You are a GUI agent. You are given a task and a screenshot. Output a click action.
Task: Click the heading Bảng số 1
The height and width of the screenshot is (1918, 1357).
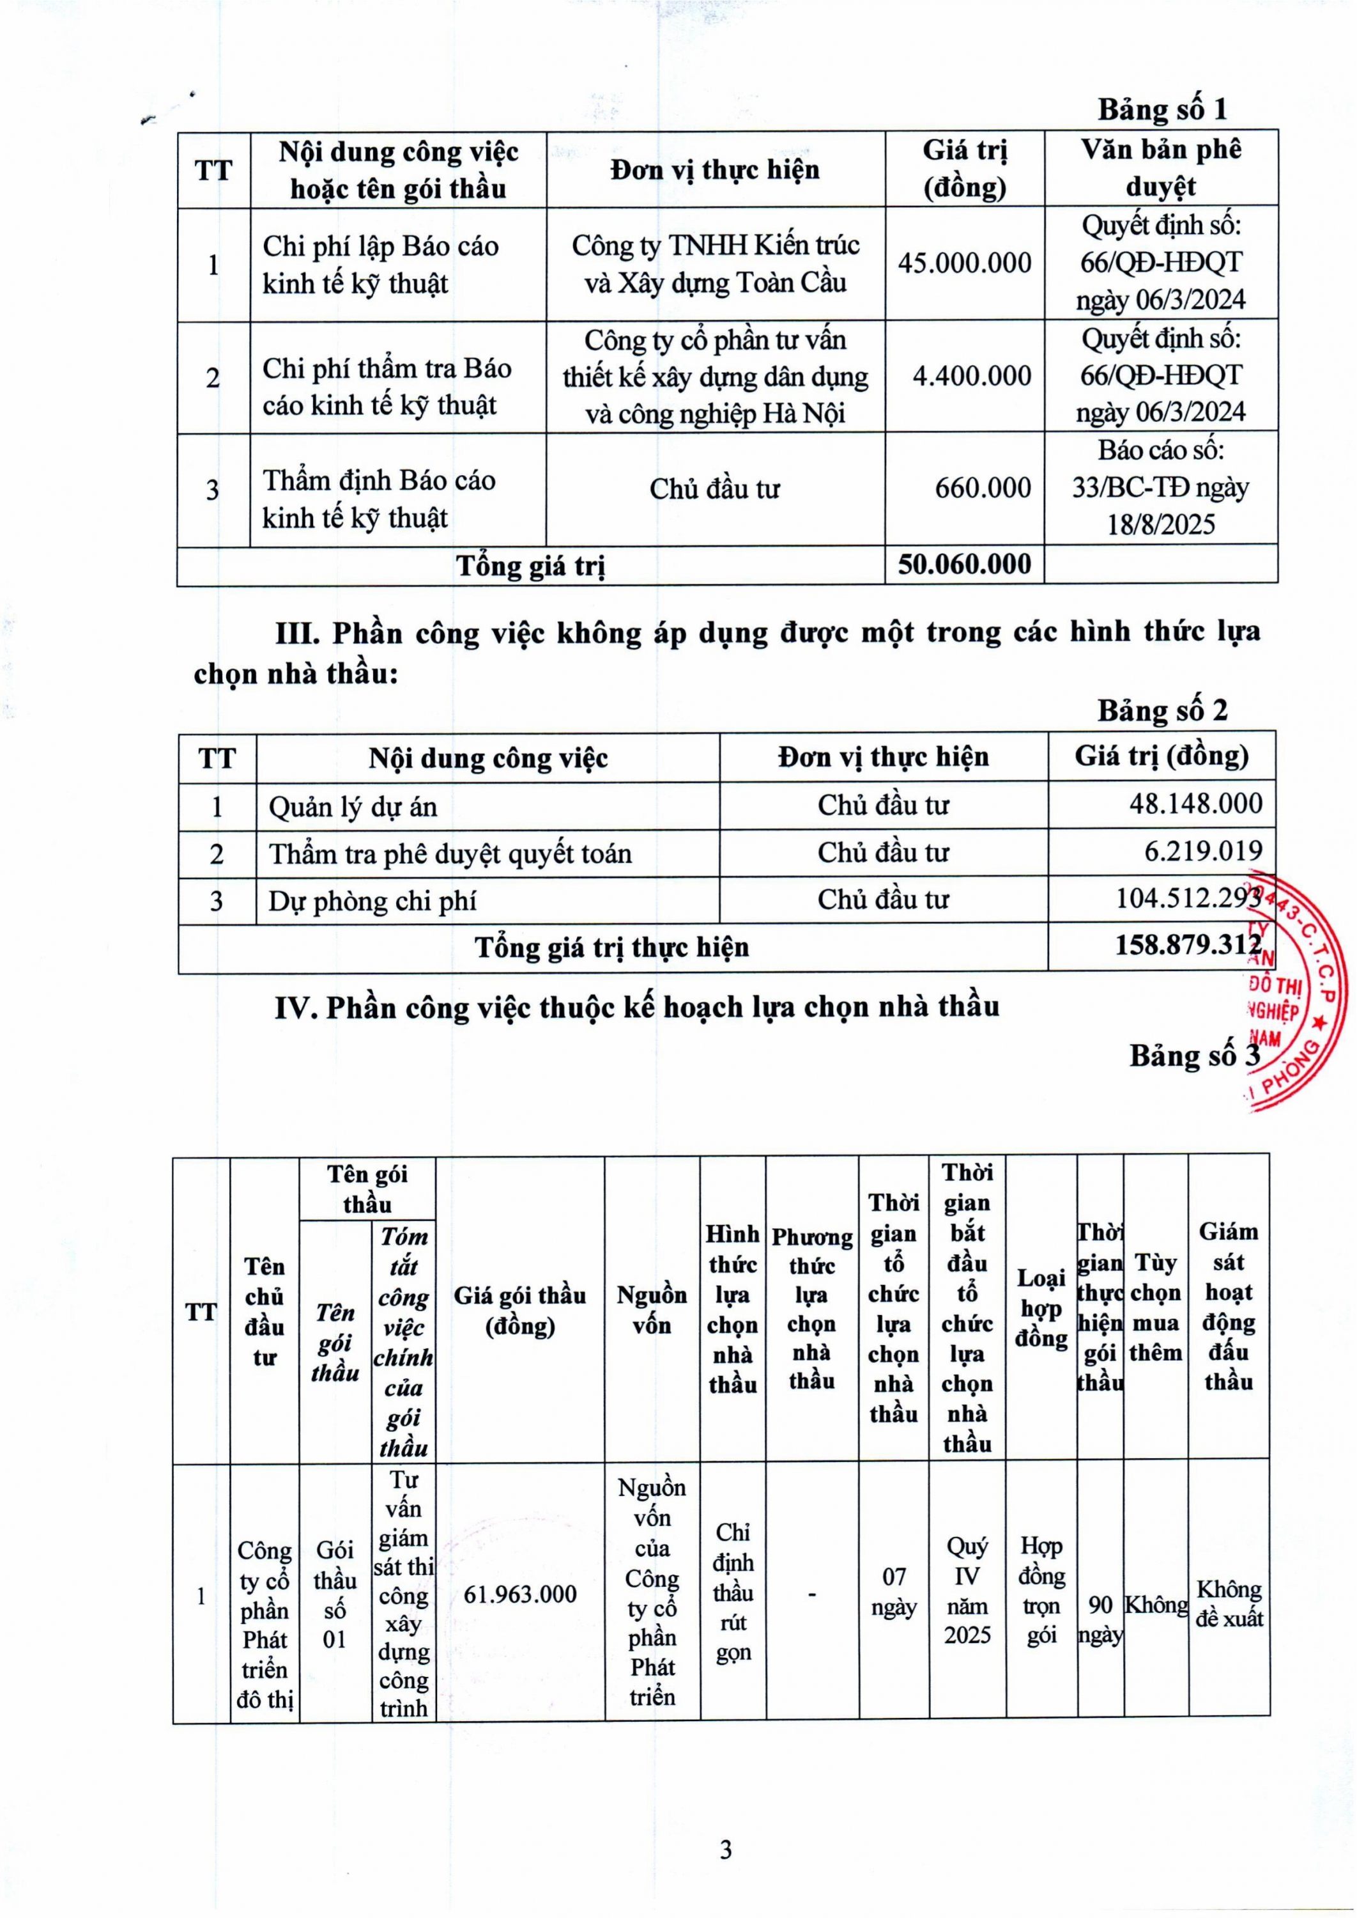(1161, 109)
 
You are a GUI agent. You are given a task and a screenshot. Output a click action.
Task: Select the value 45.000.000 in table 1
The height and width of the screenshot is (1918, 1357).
(964, 263)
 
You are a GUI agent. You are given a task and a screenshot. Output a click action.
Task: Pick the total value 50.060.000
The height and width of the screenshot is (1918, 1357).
(964, 565)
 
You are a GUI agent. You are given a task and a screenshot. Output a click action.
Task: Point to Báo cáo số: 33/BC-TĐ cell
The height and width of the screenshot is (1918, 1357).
(1161, 488)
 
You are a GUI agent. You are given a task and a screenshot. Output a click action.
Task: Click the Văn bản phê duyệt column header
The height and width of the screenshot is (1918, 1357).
(1161, 168)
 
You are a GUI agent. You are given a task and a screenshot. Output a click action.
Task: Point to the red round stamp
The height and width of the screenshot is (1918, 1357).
(1291, 995)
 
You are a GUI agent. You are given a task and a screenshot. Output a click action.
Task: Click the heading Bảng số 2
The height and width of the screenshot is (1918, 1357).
(1161, 711)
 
